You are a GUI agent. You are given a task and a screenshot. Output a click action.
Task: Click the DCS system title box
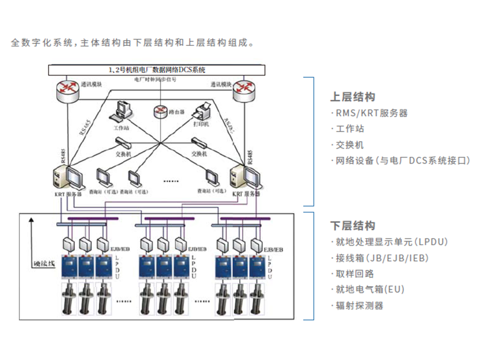[156, 69]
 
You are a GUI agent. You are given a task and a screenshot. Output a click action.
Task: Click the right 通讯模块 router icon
[248, 91]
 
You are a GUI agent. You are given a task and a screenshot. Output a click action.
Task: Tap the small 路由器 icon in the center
[159, 110]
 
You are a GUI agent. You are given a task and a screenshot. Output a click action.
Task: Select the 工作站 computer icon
[121, 112]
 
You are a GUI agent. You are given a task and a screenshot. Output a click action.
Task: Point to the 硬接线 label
[43, 264]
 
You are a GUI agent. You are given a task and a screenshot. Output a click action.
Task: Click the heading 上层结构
[353, 97]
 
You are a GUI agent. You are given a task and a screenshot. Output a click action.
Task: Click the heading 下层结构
[353, 226]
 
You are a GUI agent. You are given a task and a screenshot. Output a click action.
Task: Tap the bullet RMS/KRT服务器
[371, 113]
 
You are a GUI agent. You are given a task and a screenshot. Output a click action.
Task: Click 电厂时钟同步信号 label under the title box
[155, 79]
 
